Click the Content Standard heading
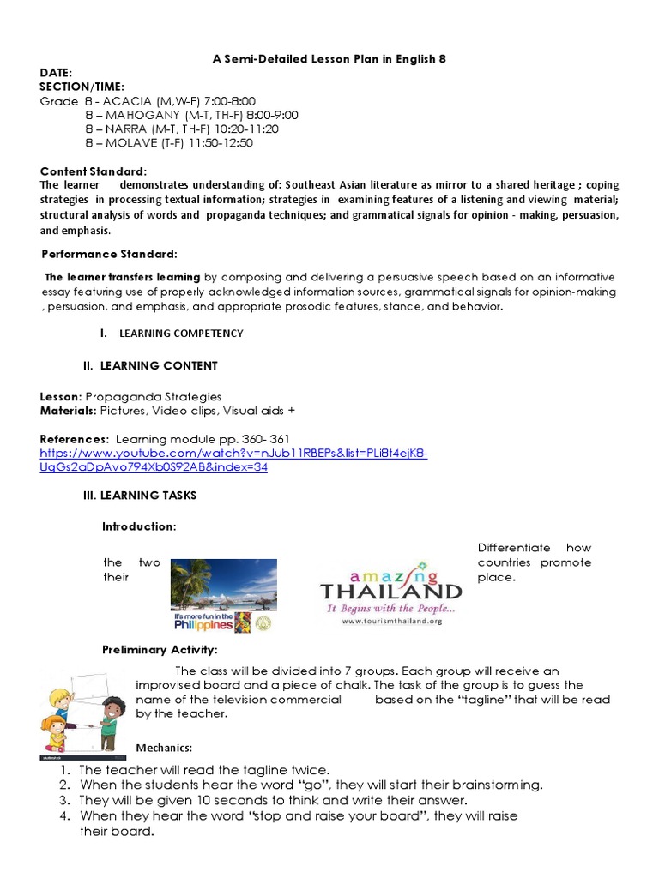tap(94, 171)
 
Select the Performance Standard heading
tap(110, 254)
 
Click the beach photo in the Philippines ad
tap(223, 583)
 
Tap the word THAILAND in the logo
tap(390, 592)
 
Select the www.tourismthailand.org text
tap(390, 622)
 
